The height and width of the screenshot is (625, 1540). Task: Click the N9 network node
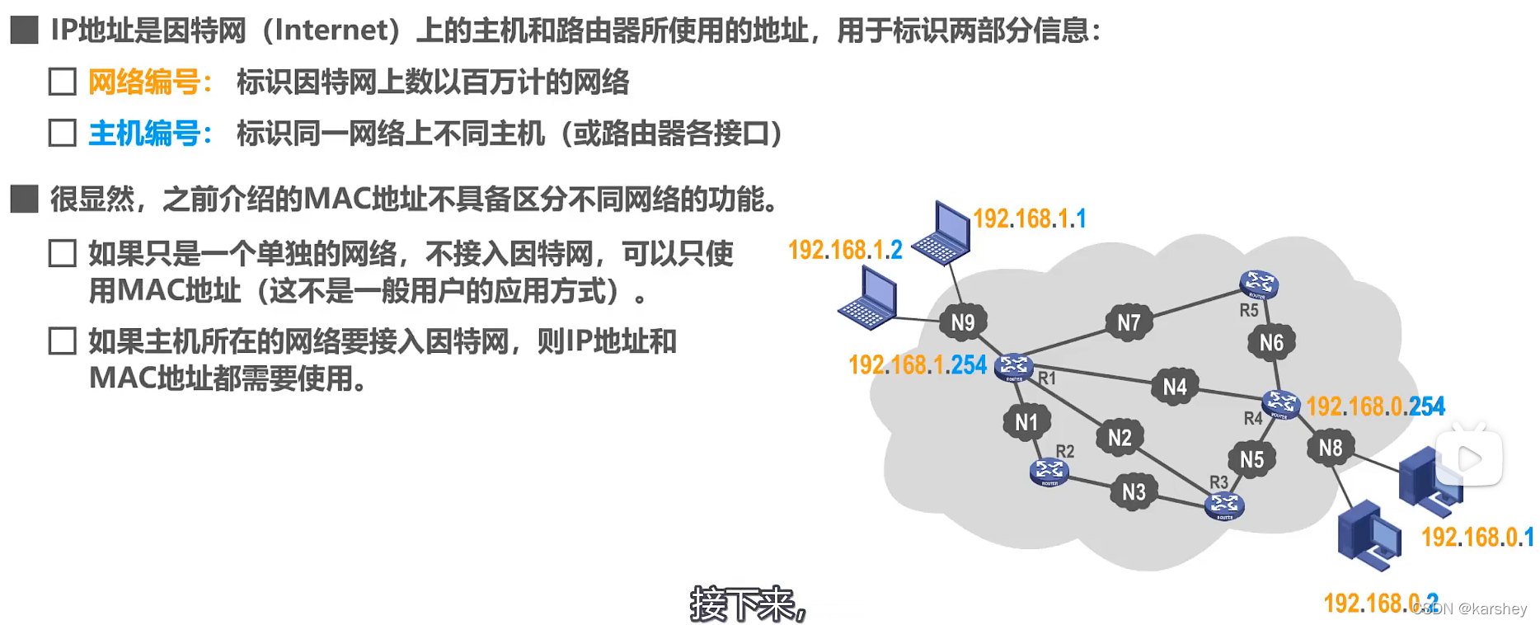point(963,322)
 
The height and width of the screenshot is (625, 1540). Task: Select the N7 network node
point(1129,322)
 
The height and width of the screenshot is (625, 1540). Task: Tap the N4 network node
point(1175,387)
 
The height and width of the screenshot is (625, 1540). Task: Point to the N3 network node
point(1134,492)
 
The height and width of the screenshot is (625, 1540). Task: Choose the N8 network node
point(1331,448)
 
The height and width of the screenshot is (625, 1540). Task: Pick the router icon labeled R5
point(1258,284)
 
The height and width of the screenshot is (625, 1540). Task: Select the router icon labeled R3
point(1224,505)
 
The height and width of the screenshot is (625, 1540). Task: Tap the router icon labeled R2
point(1049,471)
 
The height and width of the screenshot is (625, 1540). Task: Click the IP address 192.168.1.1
point(1030,219)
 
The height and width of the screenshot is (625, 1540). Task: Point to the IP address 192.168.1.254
point(918,364)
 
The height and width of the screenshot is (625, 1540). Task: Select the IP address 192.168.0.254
point(1375,406)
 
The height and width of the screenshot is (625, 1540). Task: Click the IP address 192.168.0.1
point(1477,538)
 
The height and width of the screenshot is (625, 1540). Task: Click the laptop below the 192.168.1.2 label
point(868,300)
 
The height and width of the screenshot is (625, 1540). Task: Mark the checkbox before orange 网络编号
point(63,82)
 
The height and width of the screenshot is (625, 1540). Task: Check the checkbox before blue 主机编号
point(63,133)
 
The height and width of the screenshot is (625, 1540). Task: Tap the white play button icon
point(1469,458)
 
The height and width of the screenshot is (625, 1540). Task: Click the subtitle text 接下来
point(744,604)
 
